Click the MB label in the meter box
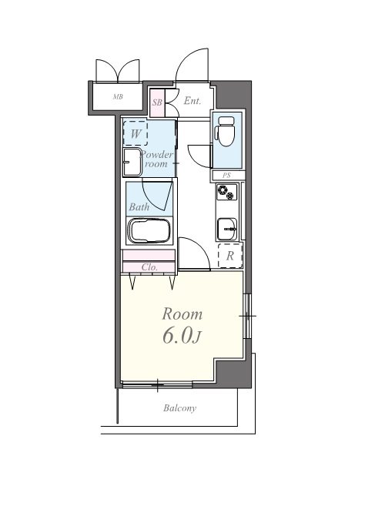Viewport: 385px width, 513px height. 118,97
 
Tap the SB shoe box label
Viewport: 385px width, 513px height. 157,102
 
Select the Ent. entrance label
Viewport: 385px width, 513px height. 192,101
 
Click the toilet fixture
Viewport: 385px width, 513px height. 226,131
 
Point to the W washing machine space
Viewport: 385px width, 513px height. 136,133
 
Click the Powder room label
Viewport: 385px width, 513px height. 156,159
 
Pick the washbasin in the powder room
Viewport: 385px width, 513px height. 132,163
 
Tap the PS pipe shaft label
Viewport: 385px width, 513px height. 226,176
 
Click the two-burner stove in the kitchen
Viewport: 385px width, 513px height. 226,192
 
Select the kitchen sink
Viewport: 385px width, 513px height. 226,229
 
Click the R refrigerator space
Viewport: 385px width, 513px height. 230,256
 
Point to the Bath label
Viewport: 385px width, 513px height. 139,206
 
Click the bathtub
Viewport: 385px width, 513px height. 149,230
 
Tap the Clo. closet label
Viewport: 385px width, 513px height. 149,267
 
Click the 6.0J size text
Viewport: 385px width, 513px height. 182,335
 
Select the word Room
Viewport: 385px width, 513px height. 182,314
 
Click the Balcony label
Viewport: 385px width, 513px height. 180,408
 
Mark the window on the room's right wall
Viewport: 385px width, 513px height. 247,316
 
